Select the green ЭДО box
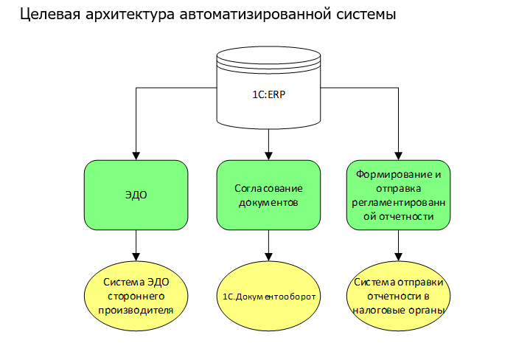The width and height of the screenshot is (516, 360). coord(136,195)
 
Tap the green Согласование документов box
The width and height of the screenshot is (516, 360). coord(268,195)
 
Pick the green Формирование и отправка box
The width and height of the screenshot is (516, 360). coord(398,195)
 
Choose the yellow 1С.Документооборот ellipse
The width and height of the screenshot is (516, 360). coord(268,296)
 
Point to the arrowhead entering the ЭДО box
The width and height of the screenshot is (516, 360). coord(136,156)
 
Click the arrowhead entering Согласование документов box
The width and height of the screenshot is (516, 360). coord(268,156)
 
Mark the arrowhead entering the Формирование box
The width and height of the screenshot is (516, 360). coord(398,156)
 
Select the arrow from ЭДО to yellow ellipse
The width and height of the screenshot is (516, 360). coord(136,243)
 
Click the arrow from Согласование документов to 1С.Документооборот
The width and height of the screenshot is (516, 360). coord(268,243)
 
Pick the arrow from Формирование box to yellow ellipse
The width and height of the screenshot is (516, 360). coord(398,243)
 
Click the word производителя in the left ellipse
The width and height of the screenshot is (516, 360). coord(136,310)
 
